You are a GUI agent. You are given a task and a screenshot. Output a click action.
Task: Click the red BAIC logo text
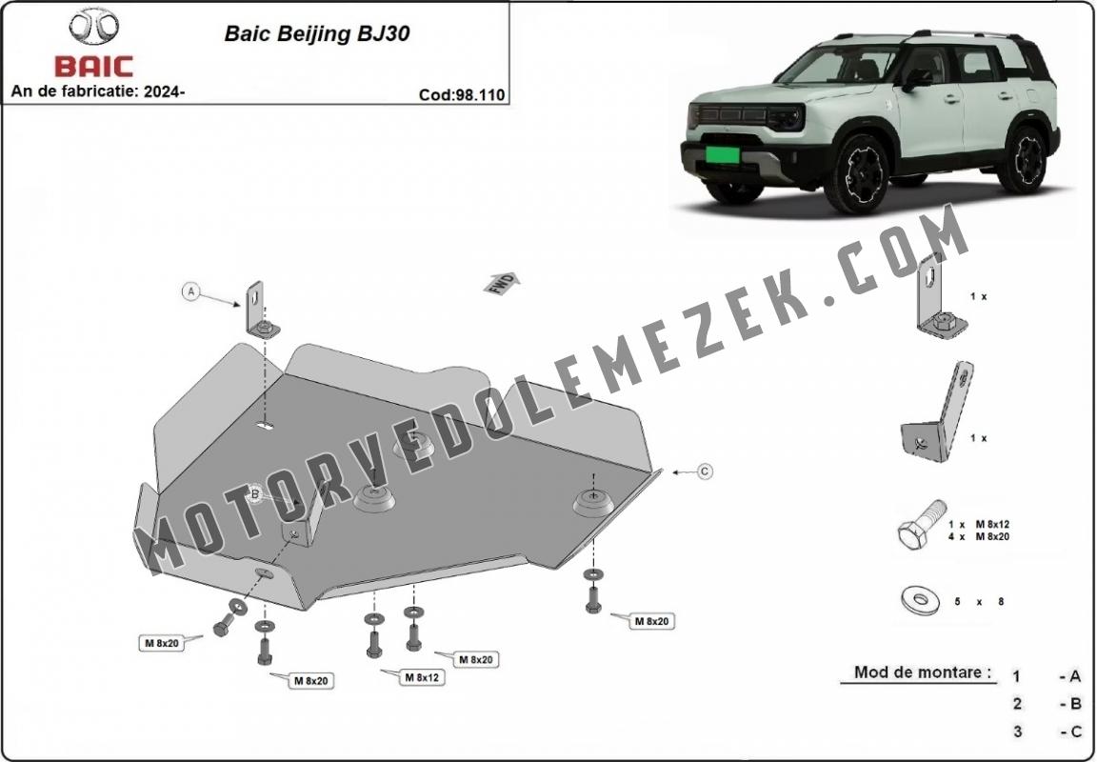click(93, 67)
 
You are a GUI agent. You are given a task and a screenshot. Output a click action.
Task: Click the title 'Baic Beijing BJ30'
click(317, 33)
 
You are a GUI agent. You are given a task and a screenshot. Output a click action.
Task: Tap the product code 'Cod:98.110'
click(462, 94)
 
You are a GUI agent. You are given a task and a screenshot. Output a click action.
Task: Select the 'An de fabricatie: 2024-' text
click(98, 91)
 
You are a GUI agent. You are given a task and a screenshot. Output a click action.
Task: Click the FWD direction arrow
click(502, 284)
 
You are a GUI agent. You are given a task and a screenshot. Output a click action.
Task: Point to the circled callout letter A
click(191, 291)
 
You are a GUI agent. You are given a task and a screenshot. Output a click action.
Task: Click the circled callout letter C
click(705, 471)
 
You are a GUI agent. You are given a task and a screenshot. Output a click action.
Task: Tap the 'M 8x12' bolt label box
click(423, 676)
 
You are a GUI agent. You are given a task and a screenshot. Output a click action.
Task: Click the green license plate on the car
click(723, 154)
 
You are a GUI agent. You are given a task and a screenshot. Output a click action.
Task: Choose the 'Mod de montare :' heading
click(923, 672)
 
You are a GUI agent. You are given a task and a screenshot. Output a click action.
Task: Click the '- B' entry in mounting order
click(1069, 704)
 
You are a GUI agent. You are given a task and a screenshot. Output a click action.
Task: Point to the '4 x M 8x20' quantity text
click(978, 536)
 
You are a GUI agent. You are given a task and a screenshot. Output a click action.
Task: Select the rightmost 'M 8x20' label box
click(651, 621)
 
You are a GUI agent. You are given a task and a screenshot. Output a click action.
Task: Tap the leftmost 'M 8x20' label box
click(162, 643)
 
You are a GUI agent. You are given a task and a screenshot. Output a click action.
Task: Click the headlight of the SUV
click(785, 117)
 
